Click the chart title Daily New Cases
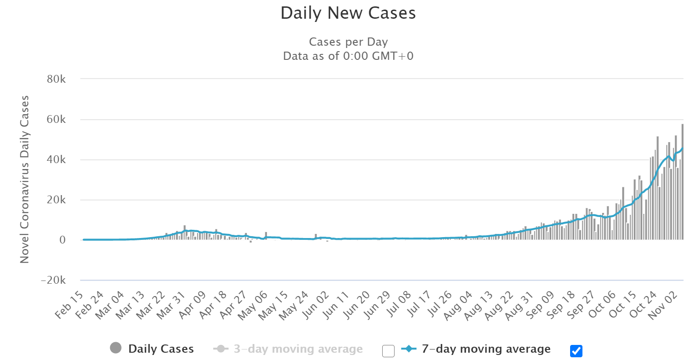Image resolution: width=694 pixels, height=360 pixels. point(348,13)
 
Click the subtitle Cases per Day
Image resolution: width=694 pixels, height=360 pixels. point(348,42)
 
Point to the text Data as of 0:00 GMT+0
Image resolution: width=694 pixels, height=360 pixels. point(348,56)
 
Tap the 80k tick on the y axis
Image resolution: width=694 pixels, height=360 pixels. point(56,79)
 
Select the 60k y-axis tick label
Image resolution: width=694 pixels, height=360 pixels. point(56,120)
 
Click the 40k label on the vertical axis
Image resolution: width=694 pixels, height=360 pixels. point(56,160)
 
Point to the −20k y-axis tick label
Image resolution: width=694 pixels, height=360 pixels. point(53,281)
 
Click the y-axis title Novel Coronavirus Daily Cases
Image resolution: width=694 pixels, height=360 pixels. point(25,179)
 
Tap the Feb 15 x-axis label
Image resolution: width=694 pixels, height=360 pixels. point(69,305)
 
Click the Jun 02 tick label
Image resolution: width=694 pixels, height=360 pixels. point(316,305)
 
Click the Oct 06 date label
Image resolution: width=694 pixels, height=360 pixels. point(602,305)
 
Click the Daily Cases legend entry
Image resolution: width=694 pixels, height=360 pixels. point(161,349)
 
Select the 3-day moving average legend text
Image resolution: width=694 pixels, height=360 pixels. point(298,349)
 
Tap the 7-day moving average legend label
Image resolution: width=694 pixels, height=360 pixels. point(486,349)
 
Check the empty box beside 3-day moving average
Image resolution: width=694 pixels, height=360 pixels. point(388,351)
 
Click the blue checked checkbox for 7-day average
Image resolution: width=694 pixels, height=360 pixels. point(576,351)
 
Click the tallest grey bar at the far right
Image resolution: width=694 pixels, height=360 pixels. point(682,183)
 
